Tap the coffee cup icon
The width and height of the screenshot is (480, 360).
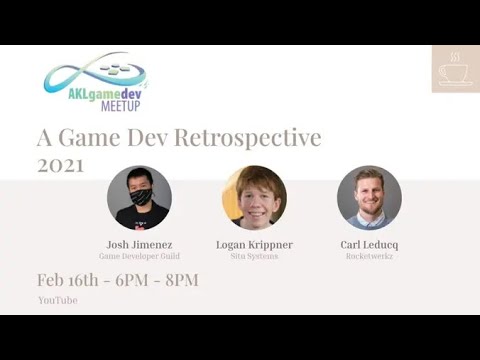[x=455, y=70]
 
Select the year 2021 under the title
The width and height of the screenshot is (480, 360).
[x=60, y=166]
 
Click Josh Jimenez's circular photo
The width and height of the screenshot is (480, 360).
[x=139, y=197]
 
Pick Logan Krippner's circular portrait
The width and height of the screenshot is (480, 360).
[x=254, y=197]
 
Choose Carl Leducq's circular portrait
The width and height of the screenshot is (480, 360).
[x=369, y=197]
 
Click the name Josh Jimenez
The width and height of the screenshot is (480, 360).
[x=139, y=244]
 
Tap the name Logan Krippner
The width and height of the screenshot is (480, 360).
[x=254, y=244]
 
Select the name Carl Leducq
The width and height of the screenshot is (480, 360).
[x=369, y=244]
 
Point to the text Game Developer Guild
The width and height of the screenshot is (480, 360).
[x=139, y=256]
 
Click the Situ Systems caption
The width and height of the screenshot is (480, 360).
[x=254, y=256]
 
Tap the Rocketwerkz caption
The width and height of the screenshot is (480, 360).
[x=369, y=256]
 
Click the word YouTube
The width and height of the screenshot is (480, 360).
[x=57, y=300]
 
